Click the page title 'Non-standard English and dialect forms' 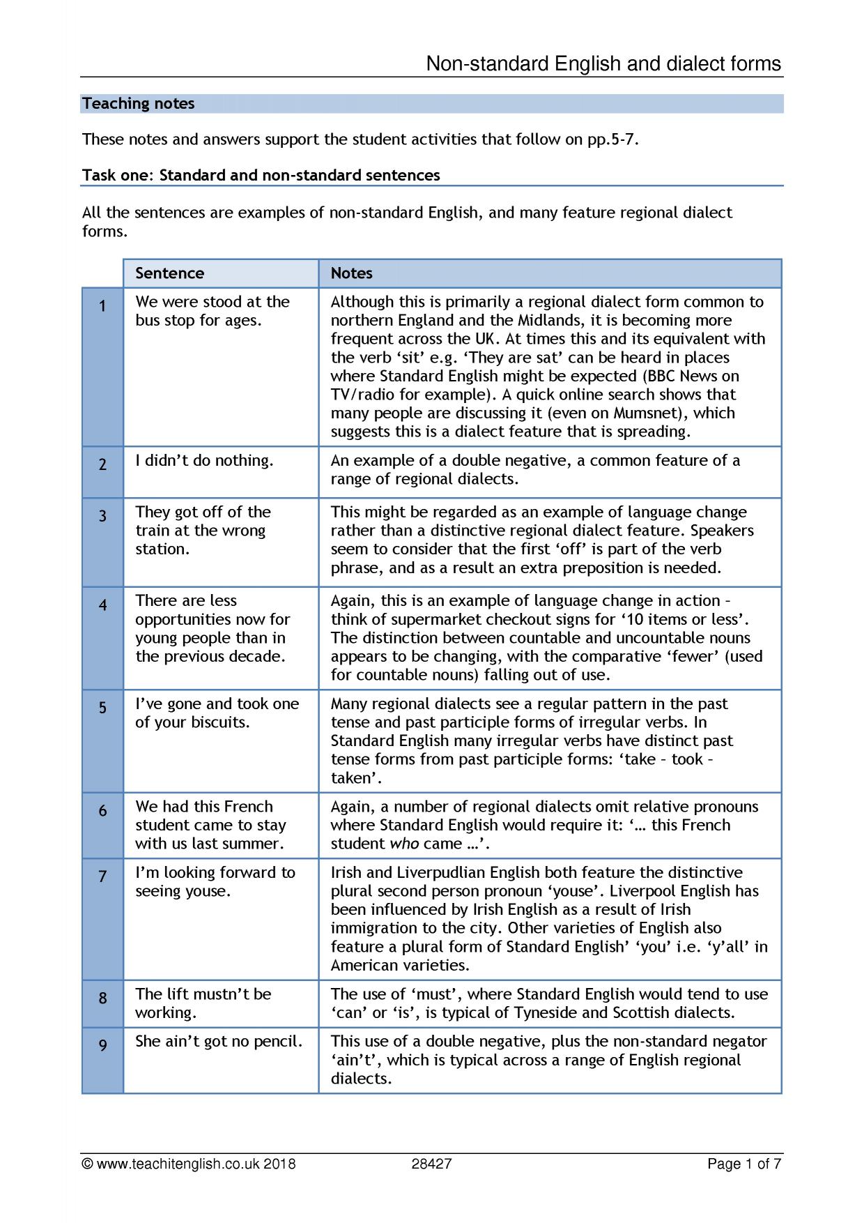[x=603, y=64]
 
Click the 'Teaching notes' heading [x=138, y=104]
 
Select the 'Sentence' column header [x=169, y=273]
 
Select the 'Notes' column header [x=351, y=273]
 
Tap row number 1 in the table [x=102, y=306]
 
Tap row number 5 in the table [x=102, y=708]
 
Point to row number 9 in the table [x=102, y=1045]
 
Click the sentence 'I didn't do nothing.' [x=204, y=461]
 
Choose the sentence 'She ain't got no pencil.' [x=219, y=1042]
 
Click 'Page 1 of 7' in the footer [x=743, y=1164]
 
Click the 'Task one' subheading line [x=261, y=176]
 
